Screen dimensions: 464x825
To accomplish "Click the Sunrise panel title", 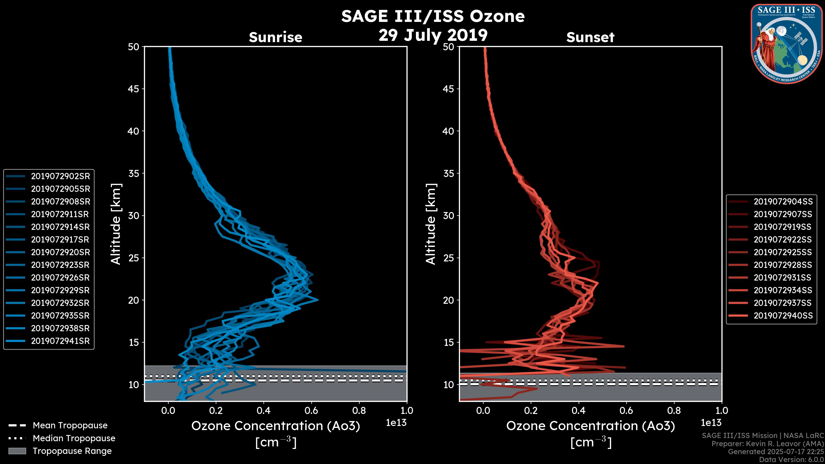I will [275, 37].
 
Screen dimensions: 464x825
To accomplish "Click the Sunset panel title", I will [590, 37].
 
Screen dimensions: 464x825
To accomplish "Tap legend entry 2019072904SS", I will [783, 201].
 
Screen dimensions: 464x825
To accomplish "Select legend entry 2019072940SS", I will [783, 315].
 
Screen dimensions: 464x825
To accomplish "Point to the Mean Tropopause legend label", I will [70, 425].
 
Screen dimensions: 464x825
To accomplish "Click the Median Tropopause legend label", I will [74, 438].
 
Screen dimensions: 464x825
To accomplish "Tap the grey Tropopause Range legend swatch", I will [17, 451].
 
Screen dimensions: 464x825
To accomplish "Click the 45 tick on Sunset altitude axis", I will [449, 89].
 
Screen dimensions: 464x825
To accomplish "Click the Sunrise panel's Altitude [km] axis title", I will [116, 224].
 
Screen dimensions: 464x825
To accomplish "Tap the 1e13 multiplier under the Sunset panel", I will [711, 423].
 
